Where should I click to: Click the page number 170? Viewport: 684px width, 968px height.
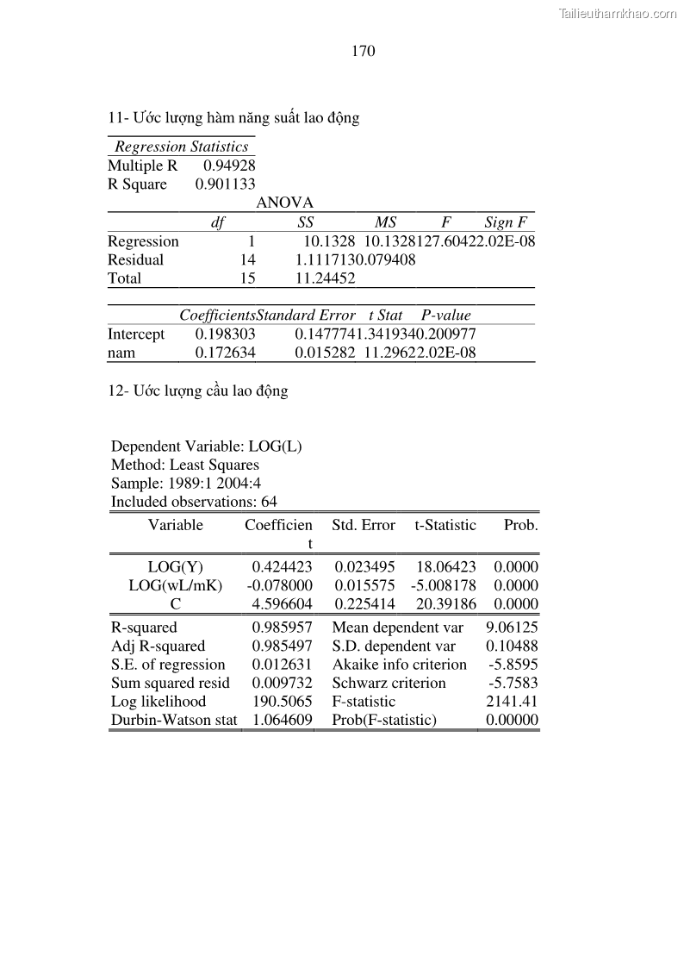point(364,51)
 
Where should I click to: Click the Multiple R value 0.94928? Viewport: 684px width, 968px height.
point(229,165)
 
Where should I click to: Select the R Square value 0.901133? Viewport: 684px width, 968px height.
point(225,184)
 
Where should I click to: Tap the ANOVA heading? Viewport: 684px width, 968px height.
point(284,203)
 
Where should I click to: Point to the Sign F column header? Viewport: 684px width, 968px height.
point(505,222)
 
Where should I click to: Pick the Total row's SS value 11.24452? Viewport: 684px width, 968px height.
point(325,278)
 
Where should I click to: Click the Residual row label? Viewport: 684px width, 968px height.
point(135,259)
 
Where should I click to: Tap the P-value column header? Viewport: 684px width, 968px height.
point(445,315)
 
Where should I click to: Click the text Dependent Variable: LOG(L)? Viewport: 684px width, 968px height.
point(206,447)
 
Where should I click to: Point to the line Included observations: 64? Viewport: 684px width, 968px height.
point(194,502)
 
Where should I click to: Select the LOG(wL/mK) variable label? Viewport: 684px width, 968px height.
point(175,585)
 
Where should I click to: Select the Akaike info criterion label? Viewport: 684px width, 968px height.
point(399,665)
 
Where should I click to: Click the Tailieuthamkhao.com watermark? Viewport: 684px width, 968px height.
point(618,13)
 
